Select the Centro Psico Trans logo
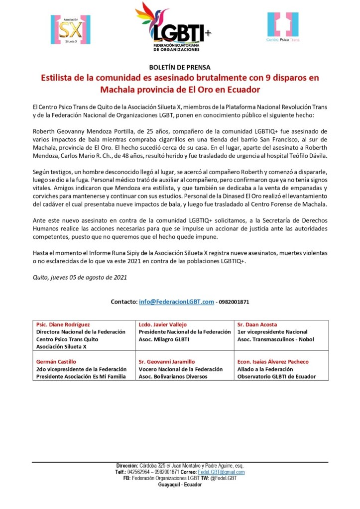[x=283, y=27]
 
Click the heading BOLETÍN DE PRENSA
[x=180, y=67]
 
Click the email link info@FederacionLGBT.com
[x=176, y=302]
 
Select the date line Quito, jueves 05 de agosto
[x=79, y=278]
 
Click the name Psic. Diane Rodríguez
[x=63, y=324]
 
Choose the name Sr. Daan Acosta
[x=257, y=324]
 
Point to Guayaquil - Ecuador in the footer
[x=180, y=484]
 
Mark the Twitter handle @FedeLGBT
[x=223, y=478]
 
